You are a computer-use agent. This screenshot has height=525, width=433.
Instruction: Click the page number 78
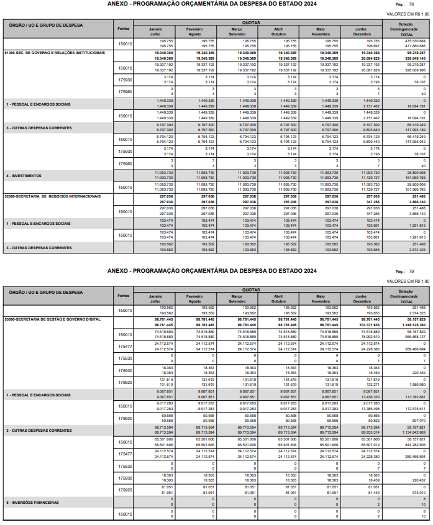411,4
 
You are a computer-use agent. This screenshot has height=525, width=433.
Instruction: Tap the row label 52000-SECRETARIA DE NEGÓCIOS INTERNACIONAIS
52,196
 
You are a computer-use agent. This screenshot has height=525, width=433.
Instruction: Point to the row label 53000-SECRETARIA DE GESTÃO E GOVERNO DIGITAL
52,319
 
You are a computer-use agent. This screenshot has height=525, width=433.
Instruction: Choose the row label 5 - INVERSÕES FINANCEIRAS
32,502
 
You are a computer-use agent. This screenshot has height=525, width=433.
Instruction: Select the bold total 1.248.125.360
414,324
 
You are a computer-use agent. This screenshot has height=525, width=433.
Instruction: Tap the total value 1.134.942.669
414,431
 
